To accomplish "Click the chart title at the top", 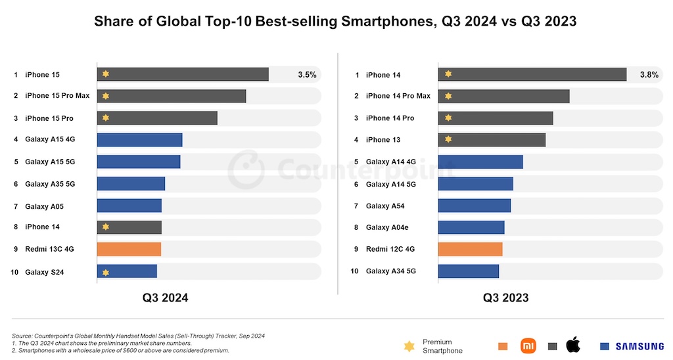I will [335, 22].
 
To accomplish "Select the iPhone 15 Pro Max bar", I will [172, 96].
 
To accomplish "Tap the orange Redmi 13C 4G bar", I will [129, 250].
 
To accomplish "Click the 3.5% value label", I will [307, 75].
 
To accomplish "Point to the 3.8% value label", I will [649, 75].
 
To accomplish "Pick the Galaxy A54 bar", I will [474, 206].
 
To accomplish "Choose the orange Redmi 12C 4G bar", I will [470, 250].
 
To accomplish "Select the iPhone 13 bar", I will [492, 140].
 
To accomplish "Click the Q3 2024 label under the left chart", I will [166, 298].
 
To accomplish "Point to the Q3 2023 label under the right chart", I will [505, 298].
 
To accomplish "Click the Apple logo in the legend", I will [573, 345].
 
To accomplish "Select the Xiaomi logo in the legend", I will [528, 346].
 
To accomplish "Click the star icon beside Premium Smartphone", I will [409, 346].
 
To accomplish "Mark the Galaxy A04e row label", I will [388, 227].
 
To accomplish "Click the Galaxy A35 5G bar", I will [131, 184].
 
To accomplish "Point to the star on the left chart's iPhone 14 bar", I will [105, 227].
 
